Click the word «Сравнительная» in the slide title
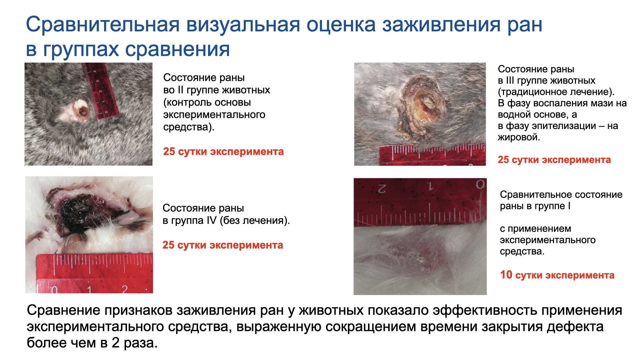click(103, 25)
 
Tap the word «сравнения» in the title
click(177, 49)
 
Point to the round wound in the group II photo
click(82, 111)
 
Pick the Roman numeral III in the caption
click(510, 80)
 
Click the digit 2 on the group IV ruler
click(124, 289)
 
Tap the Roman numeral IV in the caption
click(211, 220)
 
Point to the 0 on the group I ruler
click(480, 184)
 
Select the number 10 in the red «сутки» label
click(506, 275)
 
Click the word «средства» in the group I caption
click(522, 251)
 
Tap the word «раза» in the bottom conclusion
click(140, 343)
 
